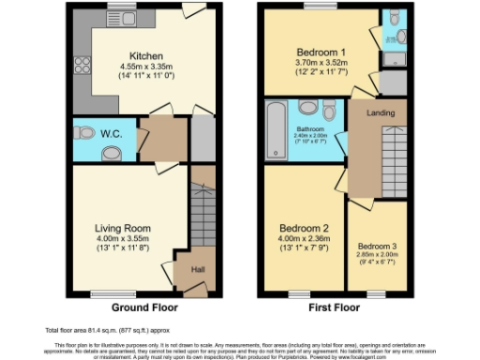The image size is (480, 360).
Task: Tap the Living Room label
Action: tap(123, 228)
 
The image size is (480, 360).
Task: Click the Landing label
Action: tap(379, 113)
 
